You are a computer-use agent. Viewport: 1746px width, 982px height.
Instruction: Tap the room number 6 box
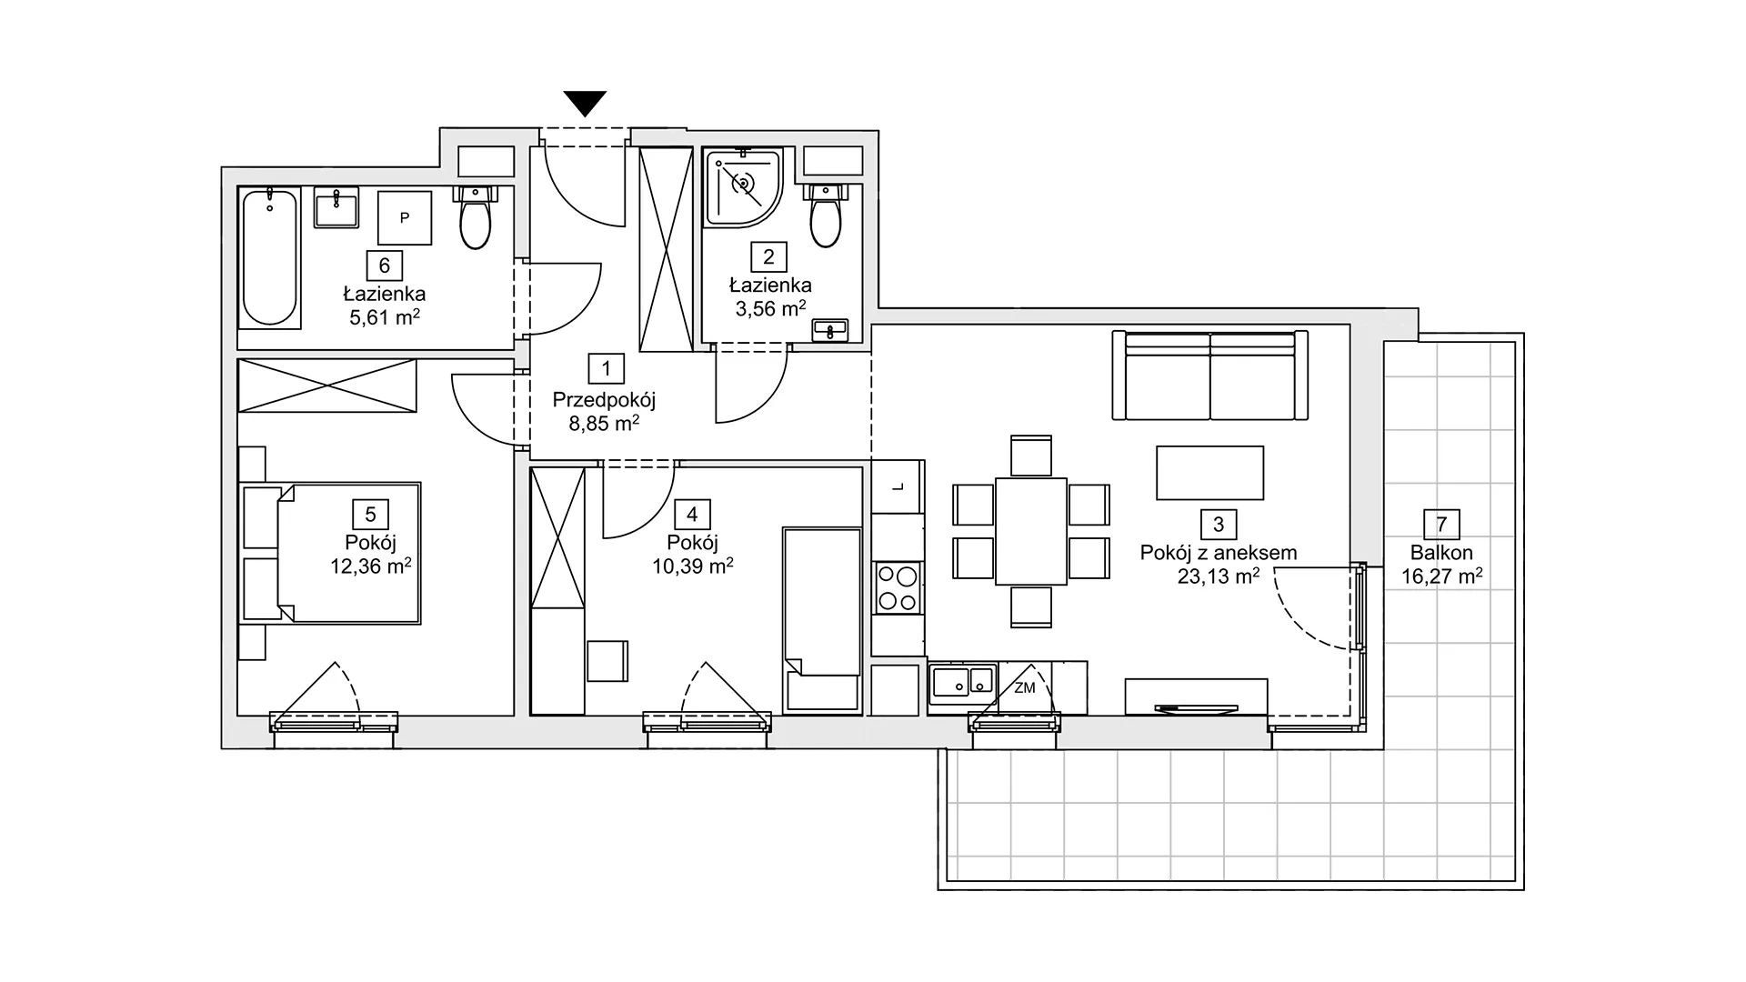(x=385, y=266)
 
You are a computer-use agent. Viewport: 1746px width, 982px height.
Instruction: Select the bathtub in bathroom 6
(x=270, y=257)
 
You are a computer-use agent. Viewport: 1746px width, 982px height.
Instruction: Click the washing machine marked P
(x=405, y=217)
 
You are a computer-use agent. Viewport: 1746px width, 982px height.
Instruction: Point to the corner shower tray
(x=742, y=188)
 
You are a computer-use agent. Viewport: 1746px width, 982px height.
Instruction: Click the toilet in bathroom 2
(x=826, y=215)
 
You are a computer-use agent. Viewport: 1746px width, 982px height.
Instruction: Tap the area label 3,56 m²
(x=770, y=309)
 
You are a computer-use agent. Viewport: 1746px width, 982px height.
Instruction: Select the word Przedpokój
(x=605, y=400)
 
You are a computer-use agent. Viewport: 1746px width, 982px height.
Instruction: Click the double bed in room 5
(x=331, y=554)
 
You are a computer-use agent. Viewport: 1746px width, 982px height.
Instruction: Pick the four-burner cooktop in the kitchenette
(x=898, y=587)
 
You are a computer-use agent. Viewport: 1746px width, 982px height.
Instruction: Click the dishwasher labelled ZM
(x=1024, y=687)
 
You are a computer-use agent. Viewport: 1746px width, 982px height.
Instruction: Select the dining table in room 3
(x=1031, y=531)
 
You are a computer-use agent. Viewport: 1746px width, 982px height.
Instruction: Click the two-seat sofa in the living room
(x=1210, y=375)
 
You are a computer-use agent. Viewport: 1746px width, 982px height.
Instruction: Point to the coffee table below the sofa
(x=1209, y=473)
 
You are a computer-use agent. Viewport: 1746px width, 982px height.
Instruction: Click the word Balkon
(x=1441, y=553)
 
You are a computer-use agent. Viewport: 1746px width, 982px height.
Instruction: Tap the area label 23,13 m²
(x=1219, y=576)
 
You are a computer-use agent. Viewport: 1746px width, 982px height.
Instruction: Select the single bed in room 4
(x=822, y=619)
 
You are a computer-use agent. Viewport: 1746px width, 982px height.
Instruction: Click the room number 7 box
(x=1441, y=525)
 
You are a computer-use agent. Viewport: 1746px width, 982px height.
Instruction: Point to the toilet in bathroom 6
(x=476, y=218)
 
